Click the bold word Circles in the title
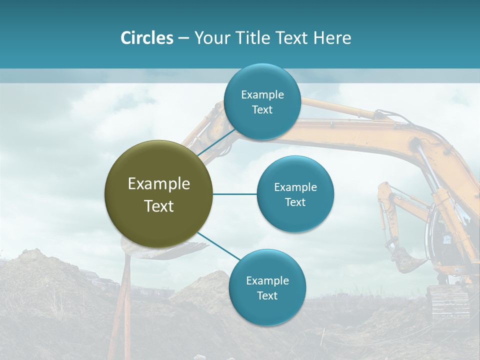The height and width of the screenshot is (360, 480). pyautogui.click(x=146, y=38)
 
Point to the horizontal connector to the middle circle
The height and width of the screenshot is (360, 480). pyautogui.click(x=234, y=194)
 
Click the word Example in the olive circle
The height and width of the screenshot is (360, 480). pyautogui.click(x=158, y=184)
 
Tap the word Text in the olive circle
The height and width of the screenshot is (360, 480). pyautogui.click(x=158, y=206)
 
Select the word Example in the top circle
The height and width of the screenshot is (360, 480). pyautogui.click(x=262, y=95)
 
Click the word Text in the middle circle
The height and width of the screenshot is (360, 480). pyautogui.click(x=295, y=202)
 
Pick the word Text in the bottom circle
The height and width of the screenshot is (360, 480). pyautogui.click(x=267, y=296)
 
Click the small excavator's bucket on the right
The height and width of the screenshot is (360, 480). pyautogui.click(x=407, y=260)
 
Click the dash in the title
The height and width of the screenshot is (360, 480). pyautogui.click(x=183, y=38)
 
